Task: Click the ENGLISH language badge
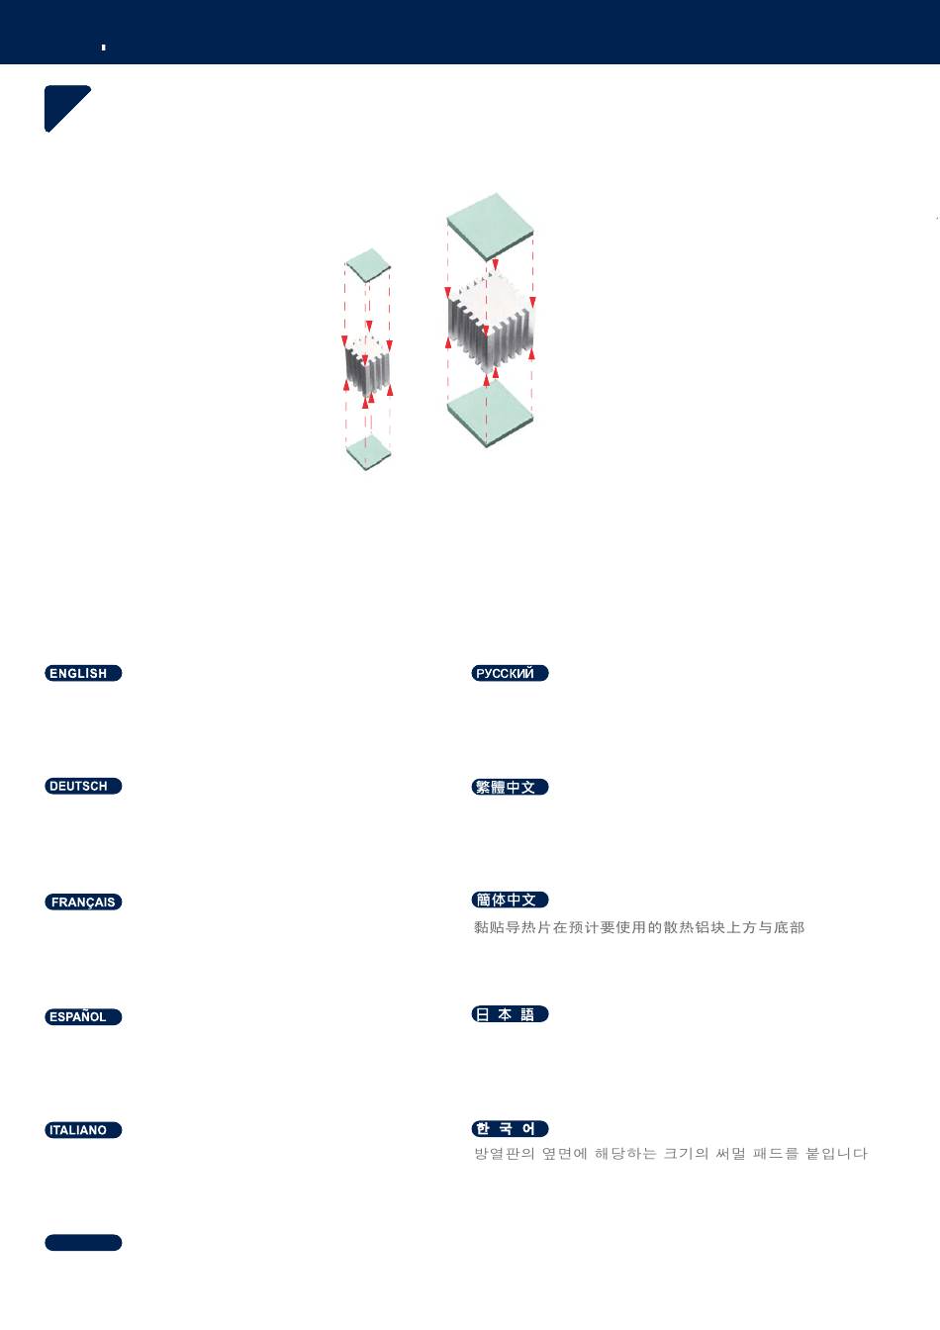(83, 673)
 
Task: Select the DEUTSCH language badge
(83, 786)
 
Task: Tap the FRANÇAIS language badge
(83, 902)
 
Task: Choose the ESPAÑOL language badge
(83, 1016)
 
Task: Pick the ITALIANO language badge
(83, 1130)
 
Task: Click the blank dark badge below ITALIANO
(83, 1243)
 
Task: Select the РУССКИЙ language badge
(510, 673)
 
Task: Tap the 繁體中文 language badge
(510, 787)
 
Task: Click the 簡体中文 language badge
(510, 900)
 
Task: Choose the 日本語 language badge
(510, 1014)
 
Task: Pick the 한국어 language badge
(510, 1129)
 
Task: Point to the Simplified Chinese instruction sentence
(638, 927)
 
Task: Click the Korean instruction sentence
(670, 1154)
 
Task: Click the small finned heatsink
(367, 366)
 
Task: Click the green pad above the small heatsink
(367, 264)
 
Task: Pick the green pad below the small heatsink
(368, 451)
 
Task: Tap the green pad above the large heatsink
(490, 226)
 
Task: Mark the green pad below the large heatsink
(490, 412)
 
